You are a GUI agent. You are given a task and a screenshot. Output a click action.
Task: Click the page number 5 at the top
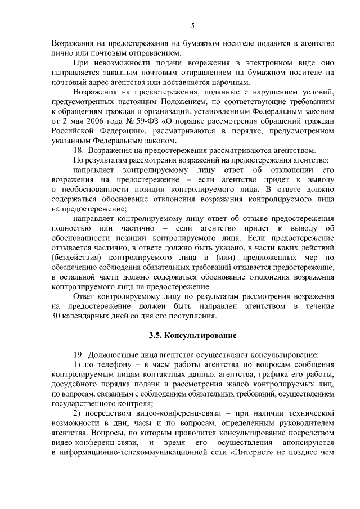click(192, 25)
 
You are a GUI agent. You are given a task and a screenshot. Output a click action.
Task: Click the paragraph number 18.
click(79, 150)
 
